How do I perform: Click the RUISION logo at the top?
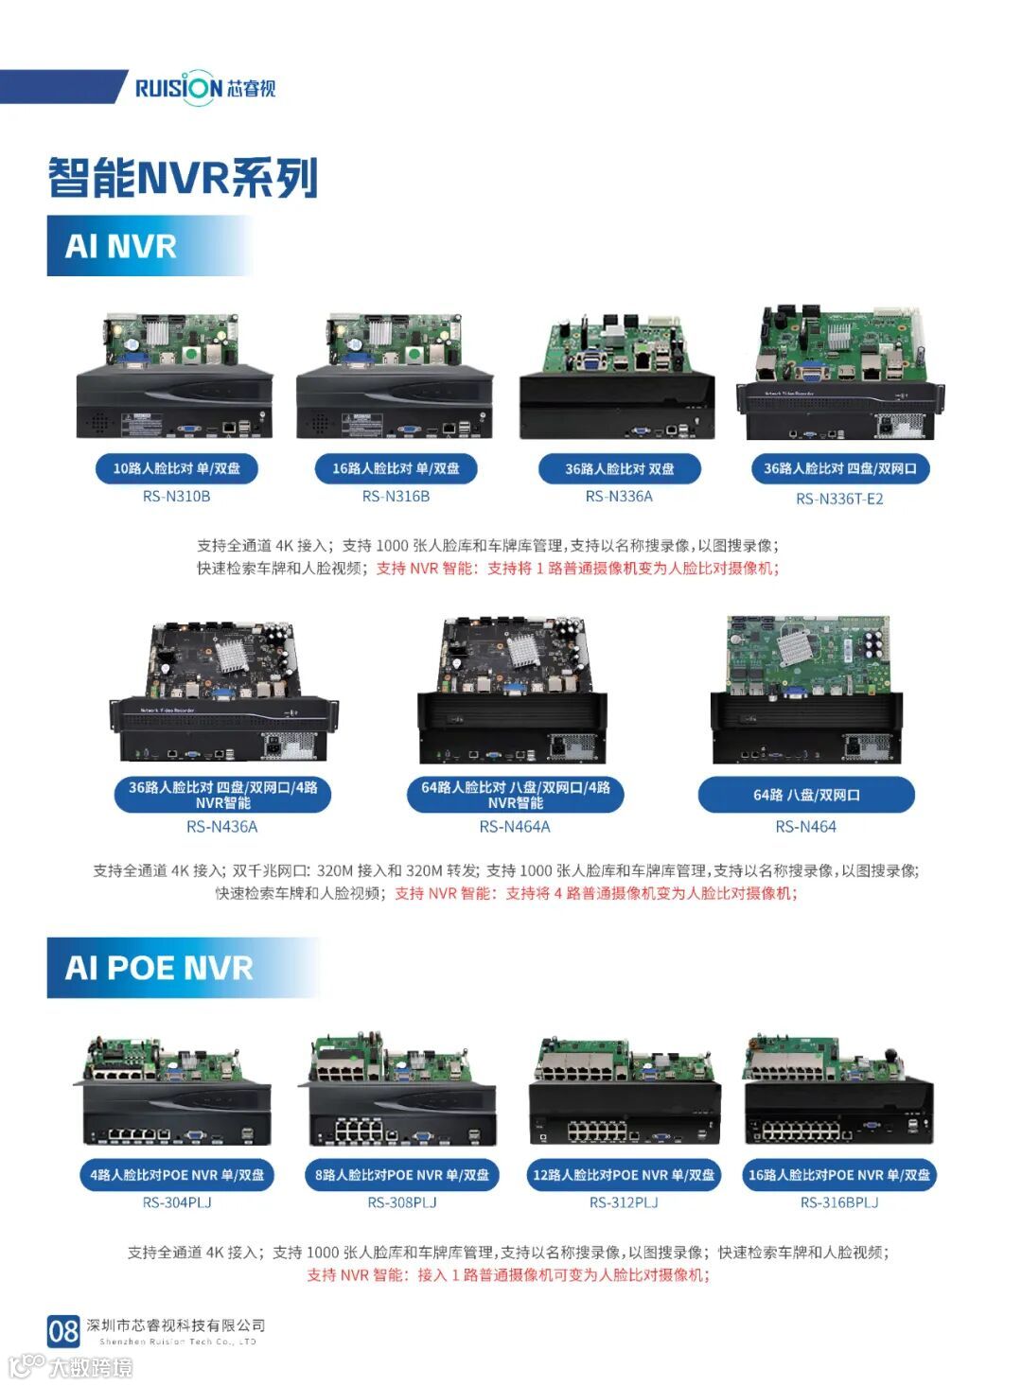pos(205,88)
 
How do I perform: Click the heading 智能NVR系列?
pos(184,178)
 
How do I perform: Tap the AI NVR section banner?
pos(150,246)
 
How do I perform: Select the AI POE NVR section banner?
pos(184,968)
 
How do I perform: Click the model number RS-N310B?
pos(176,497)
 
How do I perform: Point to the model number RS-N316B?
pos(396,497)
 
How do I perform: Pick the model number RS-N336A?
pos(619,497)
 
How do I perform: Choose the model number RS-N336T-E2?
pos(839,499)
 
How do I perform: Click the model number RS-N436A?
pos(222,827)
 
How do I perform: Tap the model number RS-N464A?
pos(515,827)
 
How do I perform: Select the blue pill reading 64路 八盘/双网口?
pos(806,795)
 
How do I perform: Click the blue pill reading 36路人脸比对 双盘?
pos(620,469)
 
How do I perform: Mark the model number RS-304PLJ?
pos(177,1202)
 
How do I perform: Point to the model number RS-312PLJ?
pos(624,1202)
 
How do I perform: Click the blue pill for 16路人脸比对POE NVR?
pos(839,1174)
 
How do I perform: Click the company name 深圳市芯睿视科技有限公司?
pos(176,1325)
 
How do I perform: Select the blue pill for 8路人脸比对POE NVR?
pos(402,1174)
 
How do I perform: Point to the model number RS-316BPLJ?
pos(839,1202)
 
